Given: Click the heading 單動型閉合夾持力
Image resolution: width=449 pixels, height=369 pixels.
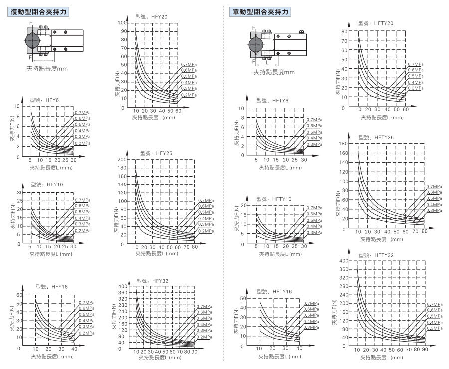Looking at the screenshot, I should click(x=260, y=11).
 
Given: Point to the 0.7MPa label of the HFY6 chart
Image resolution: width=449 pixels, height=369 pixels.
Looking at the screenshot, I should click(x=82, y=113).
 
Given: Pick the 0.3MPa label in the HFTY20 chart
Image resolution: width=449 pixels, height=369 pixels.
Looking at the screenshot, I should click(x=415, y=88).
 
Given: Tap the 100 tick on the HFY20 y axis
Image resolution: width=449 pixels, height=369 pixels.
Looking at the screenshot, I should click(x=122, y=23).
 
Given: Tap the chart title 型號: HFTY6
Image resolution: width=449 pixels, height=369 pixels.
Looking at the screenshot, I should click(x=273, y=100).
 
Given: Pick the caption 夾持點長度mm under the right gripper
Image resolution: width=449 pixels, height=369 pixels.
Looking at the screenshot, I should click(x=274, y=72).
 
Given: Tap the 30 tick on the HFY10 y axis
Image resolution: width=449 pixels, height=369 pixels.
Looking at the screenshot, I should click(x=20, y=192).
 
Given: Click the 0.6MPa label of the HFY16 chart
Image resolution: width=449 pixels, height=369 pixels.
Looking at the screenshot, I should click(x=86, y=308).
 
